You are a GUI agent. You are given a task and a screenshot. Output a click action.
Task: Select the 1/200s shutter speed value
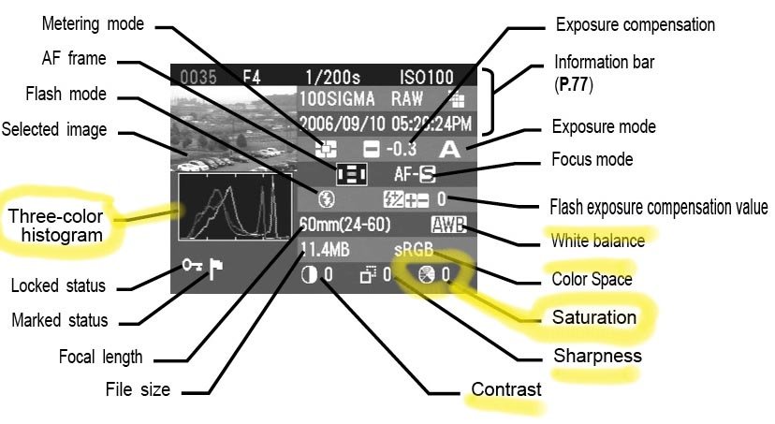point(335,76)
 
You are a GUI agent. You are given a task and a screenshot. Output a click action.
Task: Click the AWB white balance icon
point(446,225)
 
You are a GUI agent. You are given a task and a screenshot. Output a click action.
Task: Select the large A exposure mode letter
point(452,148)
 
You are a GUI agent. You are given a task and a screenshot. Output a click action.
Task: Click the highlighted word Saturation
point(593,317)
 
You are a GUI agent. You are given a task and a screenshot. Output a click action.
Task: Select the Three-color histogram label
point(55,226)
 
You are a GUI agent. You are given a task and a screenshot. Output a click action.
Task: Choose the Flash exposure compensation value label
point(658,207)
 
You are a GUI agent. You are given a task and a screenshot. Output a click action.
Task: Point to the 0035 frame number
point(196,76)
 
